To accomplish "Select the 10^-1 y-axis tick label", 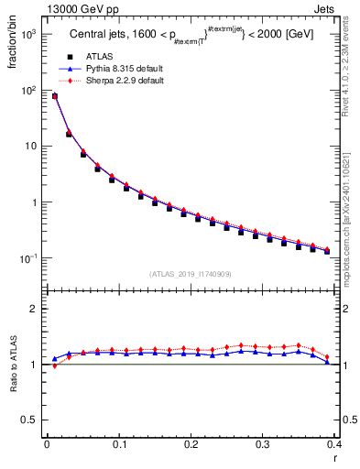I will (28, 259).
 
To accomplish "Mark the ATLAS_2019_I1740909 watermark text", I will (191, 274).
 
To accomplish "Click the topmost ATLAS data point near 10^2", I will (54, 96).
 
